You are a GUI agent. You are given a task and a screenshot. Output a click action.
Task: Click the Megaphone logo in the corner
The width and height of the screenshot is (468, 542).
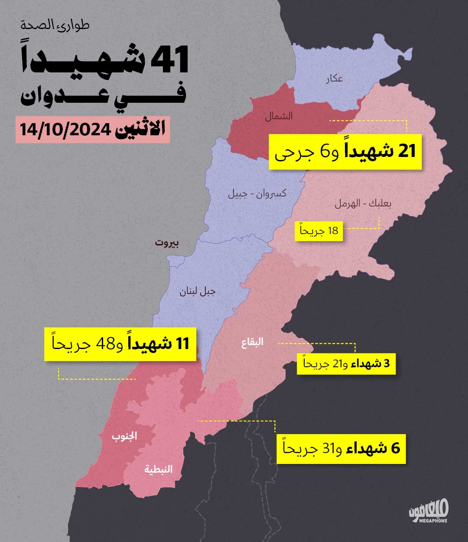[428, 512]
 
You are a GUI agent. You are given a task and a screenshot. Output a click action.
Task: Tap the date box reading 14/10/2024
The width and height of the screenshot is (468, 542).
[93, 130]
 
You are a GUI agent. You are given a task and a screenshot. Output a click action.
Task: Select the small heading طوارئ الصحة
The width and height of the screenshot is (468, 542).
[55, 25]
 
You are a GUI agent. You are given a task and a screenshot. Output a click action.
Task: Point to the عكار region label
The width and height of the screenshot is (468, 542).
[335, 78]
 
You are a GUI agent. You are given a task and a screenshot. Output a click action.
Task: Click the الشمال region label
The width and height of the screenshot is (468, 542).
[279, 116]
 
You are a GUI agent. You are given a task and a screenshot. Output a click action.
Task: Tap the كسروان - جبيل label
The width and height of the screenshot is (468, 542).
[257, 193]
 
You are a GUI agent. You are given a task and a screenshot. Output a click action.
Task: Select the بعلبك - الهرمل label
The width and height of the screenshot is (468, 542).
[363, 204]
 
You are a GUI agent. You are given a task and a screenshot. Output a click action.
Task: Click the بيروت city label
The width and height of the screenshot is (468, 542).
[167, 243]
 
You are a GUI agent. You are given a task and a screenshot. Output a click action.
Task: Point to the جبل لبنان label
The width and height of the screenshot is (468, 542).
[198, 291]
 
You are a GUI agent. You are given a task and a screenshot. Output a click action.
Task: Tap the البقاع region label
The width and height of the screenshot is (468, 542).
[252, 343]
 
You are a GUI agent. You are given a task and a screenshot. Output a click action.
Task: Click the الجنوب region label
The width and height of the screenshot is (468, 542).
[125, 436]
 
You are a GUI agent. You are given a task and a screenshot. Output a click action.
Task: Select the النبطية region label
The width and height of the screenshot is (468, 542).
[159, 469]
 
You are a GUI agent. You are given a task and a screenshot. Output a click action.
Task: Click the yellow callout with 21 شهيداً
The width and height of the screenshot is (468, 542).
[345, 152]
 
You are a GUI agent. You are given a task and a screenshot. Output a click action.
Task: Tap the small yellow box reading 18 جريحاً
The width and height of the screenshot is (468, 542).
[319, 231]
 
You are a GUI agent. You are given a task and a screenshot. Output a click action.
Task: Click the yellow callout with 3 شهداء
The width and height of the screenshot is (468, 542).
[346, 363]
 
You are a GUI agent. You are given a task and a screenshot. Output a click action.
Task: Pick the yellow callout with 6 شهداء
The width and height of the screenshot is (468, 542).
[341, 448]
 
